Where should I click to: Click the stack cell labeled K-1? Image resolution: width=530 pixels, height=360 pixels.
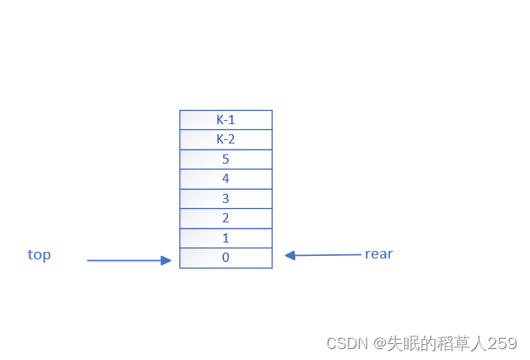(x=226, y=120)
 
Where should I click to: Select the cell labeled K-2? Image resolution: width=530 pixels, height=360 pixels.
(x=226, y=139)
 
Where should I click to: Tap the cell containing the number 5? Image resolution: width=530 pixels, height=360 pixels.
(x=226, y=159)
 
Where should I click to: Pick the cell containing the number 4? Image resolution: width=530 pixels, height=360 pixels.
(x=226, y=179)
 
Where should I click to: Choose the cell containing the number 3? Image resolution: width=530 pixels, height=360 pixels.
(x=226, y=199)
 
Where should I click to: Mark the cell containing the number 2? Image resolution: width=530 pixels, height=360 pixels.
(x=226, y=218)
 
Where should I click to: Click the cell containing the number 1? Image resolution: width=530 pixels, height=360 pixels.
(x=226, y=238)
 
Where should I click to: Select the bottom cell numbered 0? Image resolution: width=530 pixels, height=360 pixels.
(x=226, y=258)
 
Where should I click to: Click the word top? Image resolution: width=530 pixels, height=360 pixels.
(x=39, y=255)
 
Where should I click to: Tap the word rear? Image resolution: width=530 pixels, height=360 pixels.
(x=378, y=253)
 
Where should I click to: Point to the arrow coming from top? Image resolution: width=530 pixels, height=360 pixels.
(x=126, y=261)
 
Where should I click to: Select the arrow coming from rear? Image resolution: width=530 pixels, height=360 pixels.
(x=323, y=255)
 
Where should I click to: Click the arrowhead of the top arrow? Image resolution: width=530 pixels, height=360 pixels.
(x=166, y=261)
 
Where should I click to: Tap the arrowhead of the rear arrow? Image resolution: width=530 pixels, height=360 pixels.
(x=290, y=255)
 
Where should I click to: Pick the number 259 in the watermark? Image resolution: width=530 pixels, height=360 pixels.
(x=502, y=343)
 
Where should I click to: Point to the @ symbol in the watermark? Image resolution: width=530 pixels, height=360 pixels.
(x=379, y=343)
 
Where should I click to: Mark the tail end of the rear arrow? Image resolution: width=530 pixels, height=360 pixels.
(x=358, y=254)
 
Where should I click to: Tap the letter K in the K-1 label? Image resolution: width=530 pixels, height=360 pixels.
(x=220, y=120)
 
